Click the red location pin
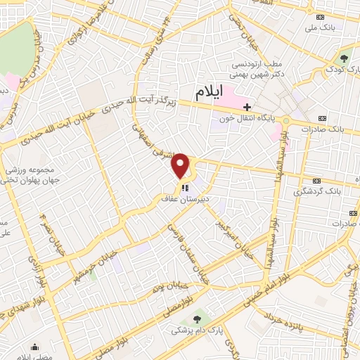tap(182, 165)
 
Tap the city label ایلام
tap(210, 91)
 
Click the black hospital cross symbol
tap(246, 107)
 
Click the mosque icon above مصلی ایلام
tap(35, 345)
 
